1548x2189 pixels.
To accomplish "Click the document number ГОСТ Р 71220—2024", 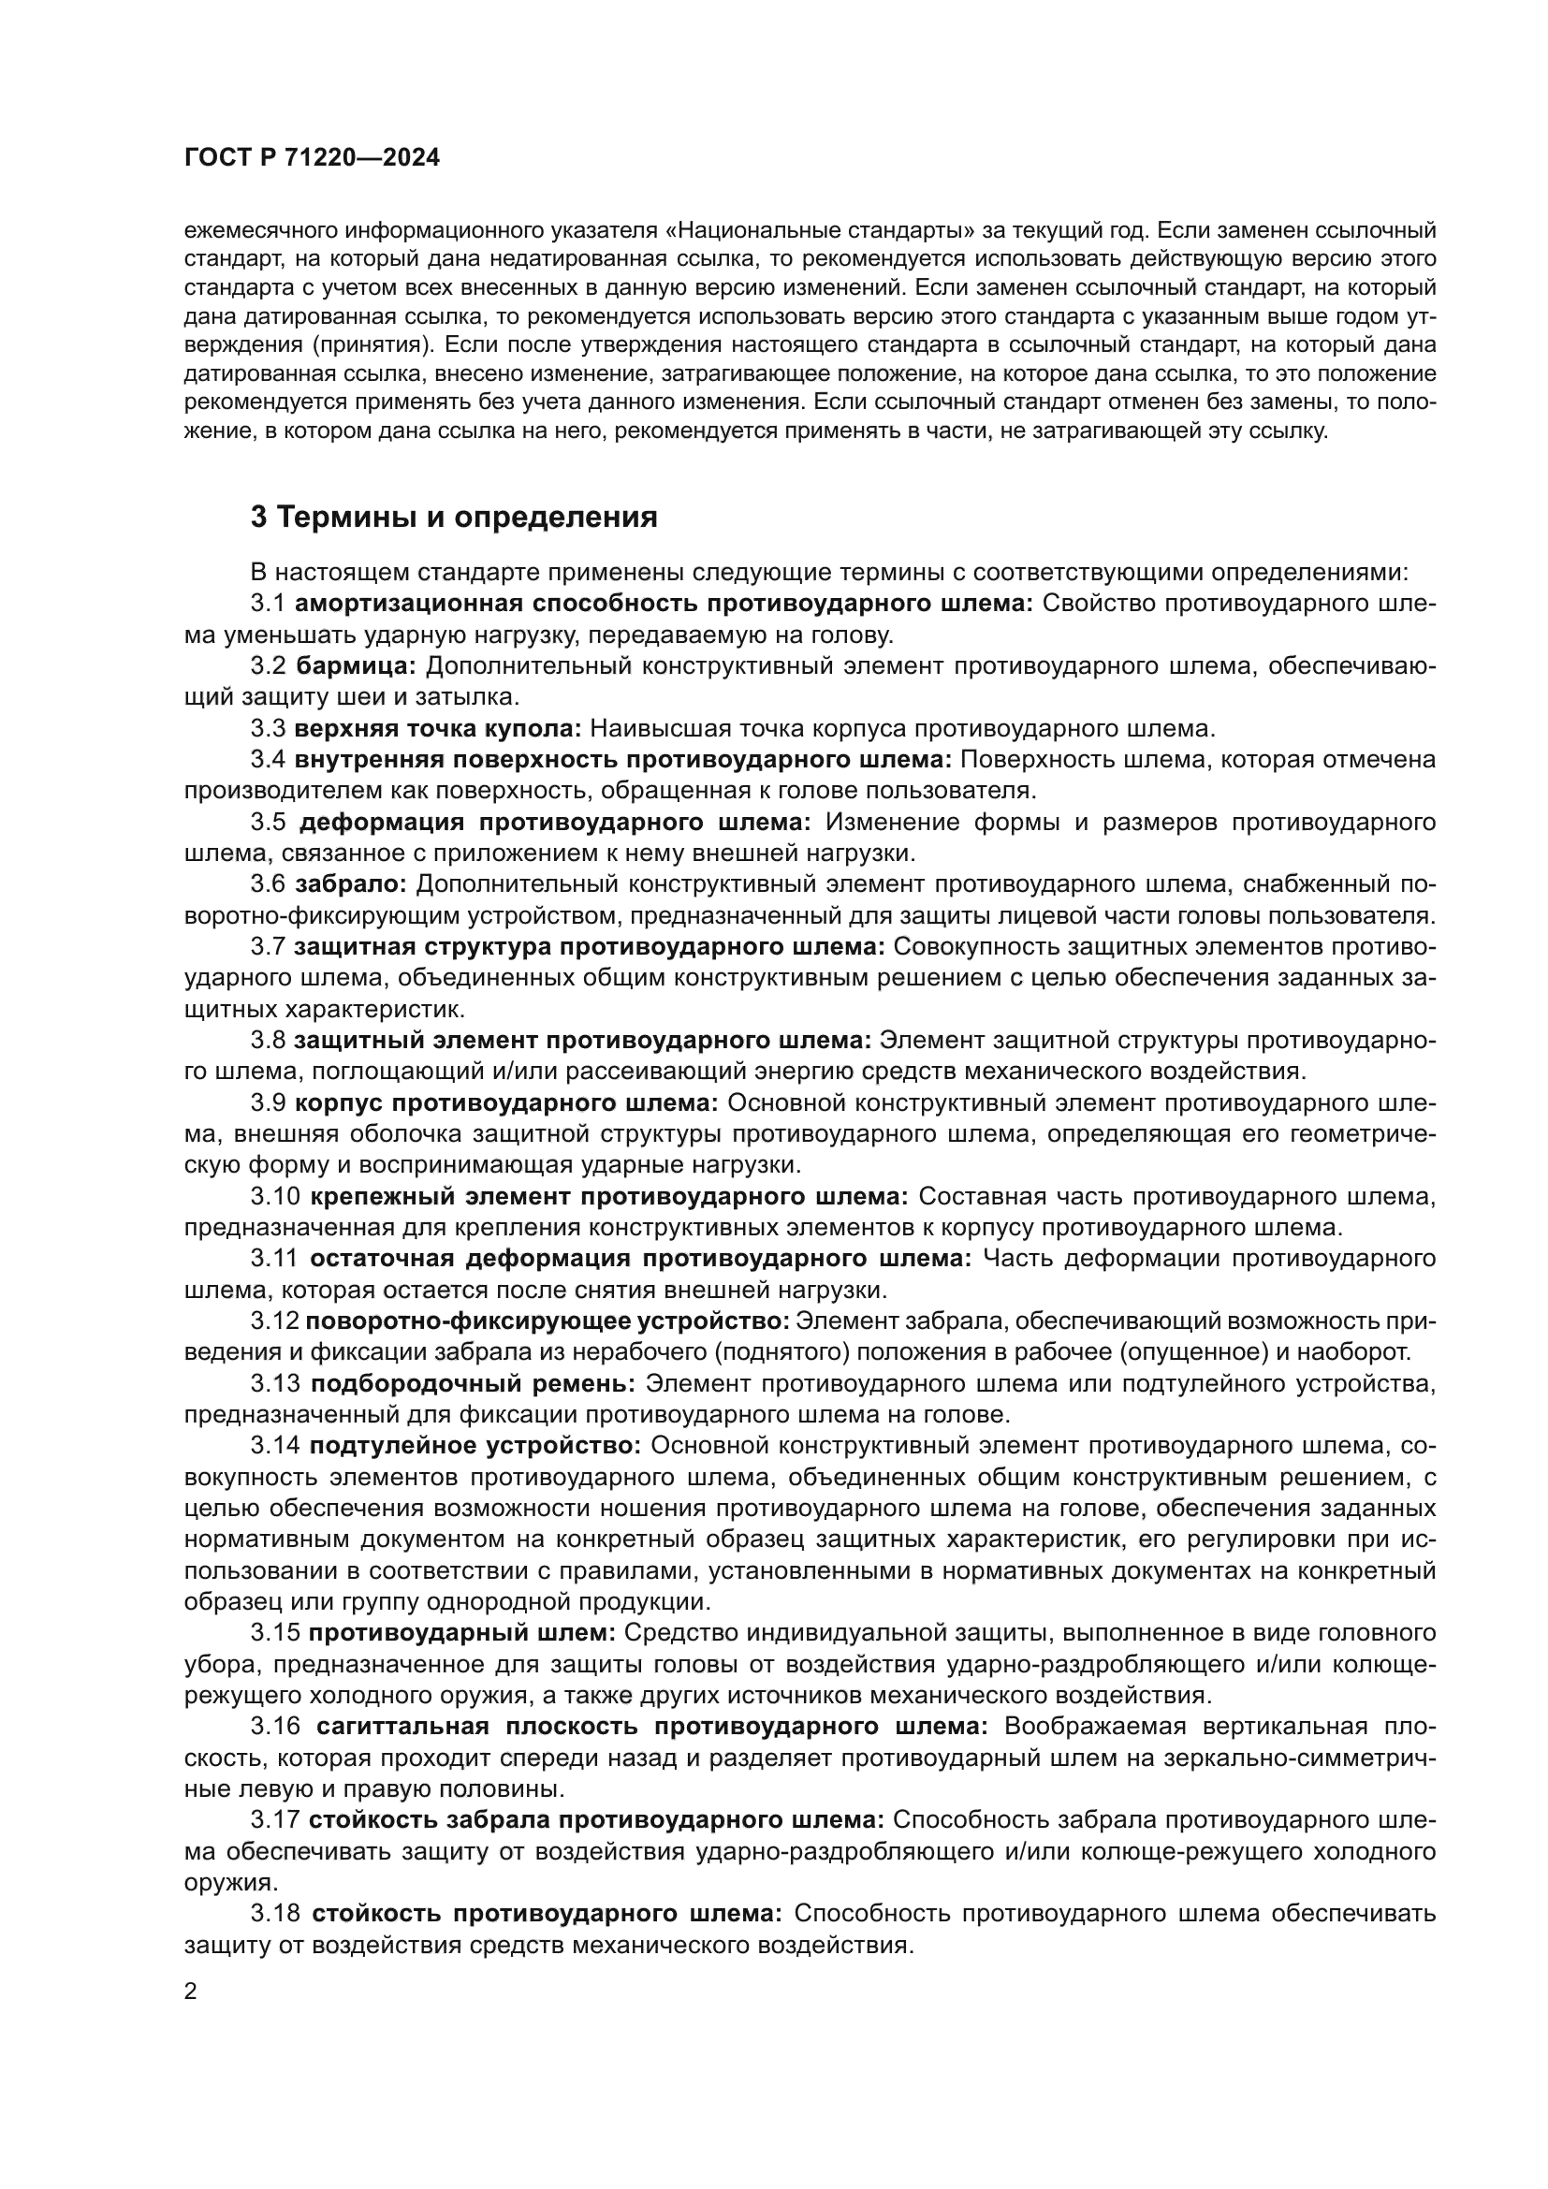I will pyautogui.click(x=312, y=158).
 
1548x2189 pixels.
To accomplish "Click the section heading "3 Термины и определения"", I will pyautogui.click(x=454, y=517).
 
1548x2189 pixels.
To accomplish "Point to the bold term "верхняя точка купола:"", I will pyautogui.click(x=437, y=728).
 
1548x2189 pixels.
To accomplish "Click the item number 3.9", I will pyautogui.click(x=268, y=1102).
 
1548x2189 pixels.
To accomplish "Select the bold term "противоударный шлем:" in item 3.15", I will pyautogui.click(x=462, y=1633).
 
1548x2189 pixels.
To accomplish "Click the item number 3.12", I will pyautogui.click(x=272, y=1321).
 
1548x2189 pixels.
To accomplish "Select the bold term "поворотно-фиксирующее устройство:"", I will pyautogui.click(x=548, y=1321).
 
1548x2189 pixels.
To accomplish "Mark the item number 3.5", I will pyautogui.click(x=270, y=822).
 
